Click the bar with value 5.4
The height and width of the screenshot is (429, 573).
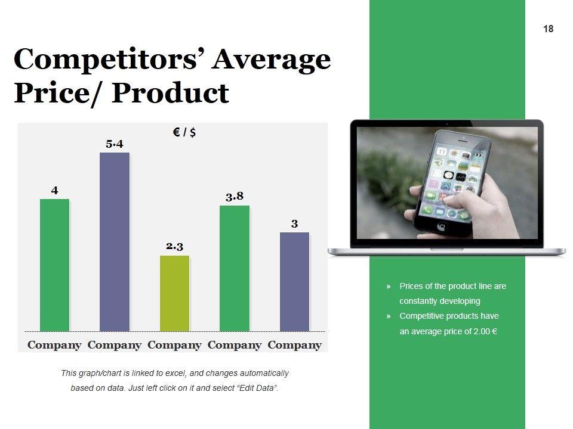tap(115, 242)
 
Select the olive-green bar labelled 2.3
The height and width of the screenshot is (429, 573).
tap(175, 293)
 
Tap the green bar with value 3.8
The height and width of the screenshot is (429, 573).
tap(235, 269)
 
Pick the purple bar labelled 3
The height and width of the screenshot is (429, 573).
tap(294, 282)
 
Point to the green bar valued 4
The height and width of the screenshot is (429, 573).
tap(54, 265)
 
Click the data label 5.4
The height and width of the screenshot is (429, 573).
tap(115, 144)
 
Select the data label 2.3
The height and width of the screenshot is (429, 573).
tap(175, 246)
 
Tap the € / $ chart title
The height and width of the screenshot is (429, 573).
tap(184, 132)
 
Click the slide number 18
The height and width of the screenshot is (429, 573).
tap(548, 29)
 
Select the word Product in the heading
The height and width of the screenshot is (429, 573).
tap(170, 93)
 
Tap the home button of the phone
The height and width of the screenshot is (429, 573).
tap(442, 226)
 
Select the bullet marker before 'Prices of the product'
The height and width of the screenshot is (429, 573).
tap(389, 287)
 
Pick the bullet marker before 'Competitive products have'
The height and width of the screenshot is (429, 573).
tap(389, 316)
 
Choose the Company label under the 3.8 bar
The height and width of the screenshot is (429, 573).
tap(235, 345)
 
